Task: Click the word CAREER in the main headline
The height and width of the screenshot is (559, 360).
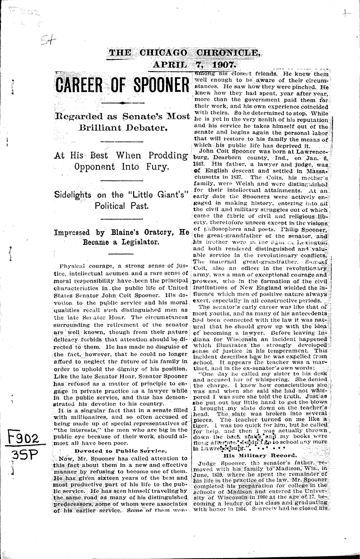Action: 81,85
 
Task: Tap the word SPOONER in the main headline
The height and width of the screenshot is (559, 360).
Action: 153,85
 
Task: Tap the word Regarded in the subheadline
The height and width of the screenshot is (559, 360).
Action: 77,117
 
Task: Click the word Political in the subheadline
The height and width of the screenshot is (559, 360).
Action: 112,207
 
